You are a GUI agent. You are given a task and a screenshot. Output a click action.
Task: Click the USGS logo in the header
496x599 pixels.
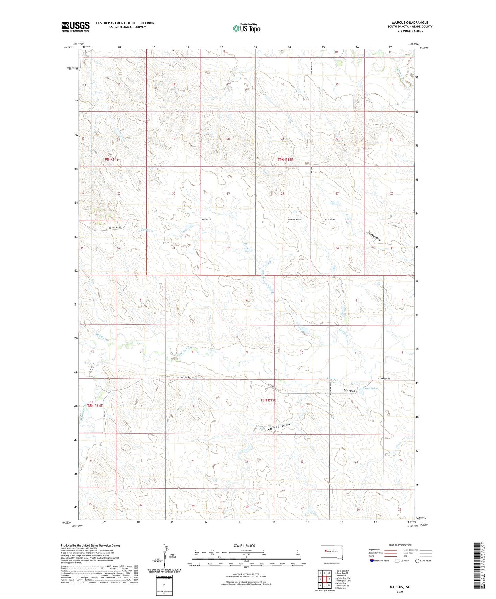tap(76, 26)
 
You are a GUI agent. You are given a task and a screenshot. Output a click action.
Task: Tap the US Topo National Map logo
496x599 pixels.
tap(246, 28)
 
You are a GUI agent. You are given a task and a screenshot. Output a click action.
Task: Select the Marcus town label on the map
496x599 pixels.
tap(349, 391)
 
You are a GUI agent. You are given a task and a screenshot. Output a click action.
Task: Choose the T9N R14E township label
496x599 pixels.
tap(111, 160)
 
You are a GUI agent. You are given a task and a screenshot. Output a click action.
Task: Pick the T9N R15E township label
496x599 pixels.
tap(285, 160)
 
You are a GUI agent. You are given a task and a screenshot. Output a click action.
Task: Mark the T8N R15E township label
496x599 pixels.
tap(268, 400)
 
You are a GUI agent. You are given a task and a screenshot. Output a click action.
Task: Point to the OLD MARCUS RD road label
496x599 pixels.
tap(381, 379)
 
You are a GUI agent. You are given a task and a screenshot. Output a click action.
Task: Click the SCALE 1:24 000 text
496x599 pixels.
tap(244, 546)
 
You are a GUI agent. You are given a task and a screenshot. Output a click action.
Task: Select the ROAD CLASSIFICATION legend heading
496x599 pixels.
tap(400, 545)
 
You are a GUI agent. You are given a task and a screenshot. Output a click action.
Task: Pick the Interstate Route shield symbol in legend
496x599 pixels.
tap(372, 561)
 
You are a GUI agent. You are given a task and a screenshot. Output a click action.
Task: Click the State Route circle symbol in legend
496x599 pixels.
tap(417, 561)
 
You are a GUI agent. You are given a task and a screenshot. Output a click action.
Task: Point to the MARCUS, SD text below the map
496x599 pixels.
tap(400, 587)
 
